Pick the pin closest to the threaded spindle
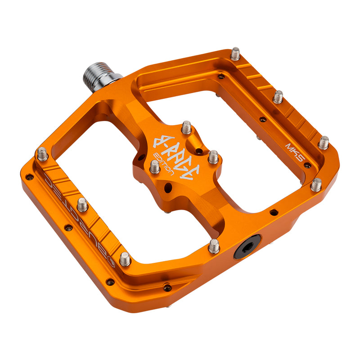235,54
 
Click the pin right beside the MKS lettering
323,143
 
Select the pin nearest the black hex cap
214,246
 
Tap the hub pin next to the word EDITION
154,167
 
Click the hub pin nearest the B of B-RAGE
186,128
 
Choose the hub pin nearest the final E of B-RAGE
213,157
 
